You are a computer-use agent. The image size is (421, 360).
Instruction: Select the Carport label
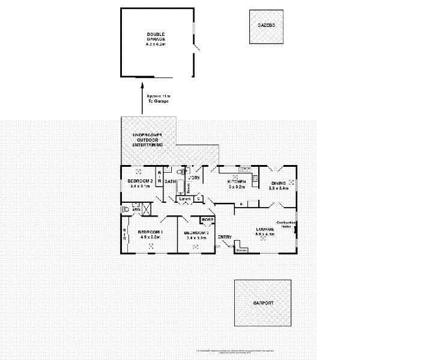tap(262, 304)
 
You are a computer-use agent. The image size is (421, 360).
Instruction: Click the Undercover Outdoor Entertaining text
tap(148, 140)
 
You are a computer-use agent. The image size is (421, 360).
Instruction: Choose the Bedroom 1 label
tap(150, 232)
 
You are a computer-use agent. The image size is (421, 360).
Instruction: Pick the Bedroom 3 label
tap(196, 232)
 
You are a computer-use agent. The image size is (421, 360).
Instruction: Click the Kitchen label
tap(237, 181)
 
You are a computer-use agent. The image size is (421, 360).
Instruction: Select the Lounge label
tap(265, 229)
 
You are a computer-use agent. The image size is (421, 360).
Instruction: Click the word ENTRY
tap(225, 237)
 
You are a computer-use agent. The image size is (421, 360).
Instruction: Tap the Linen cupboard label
tap(184, 199)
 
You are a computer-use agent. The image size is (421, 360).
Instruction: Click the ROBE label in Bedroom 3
tap(207, 220)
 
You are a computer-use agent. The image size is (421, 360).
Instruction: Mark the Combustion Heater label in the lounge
tap(285, 224)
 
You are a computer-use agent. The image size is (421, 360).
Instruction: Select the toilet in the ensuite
tap(125, 210)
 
